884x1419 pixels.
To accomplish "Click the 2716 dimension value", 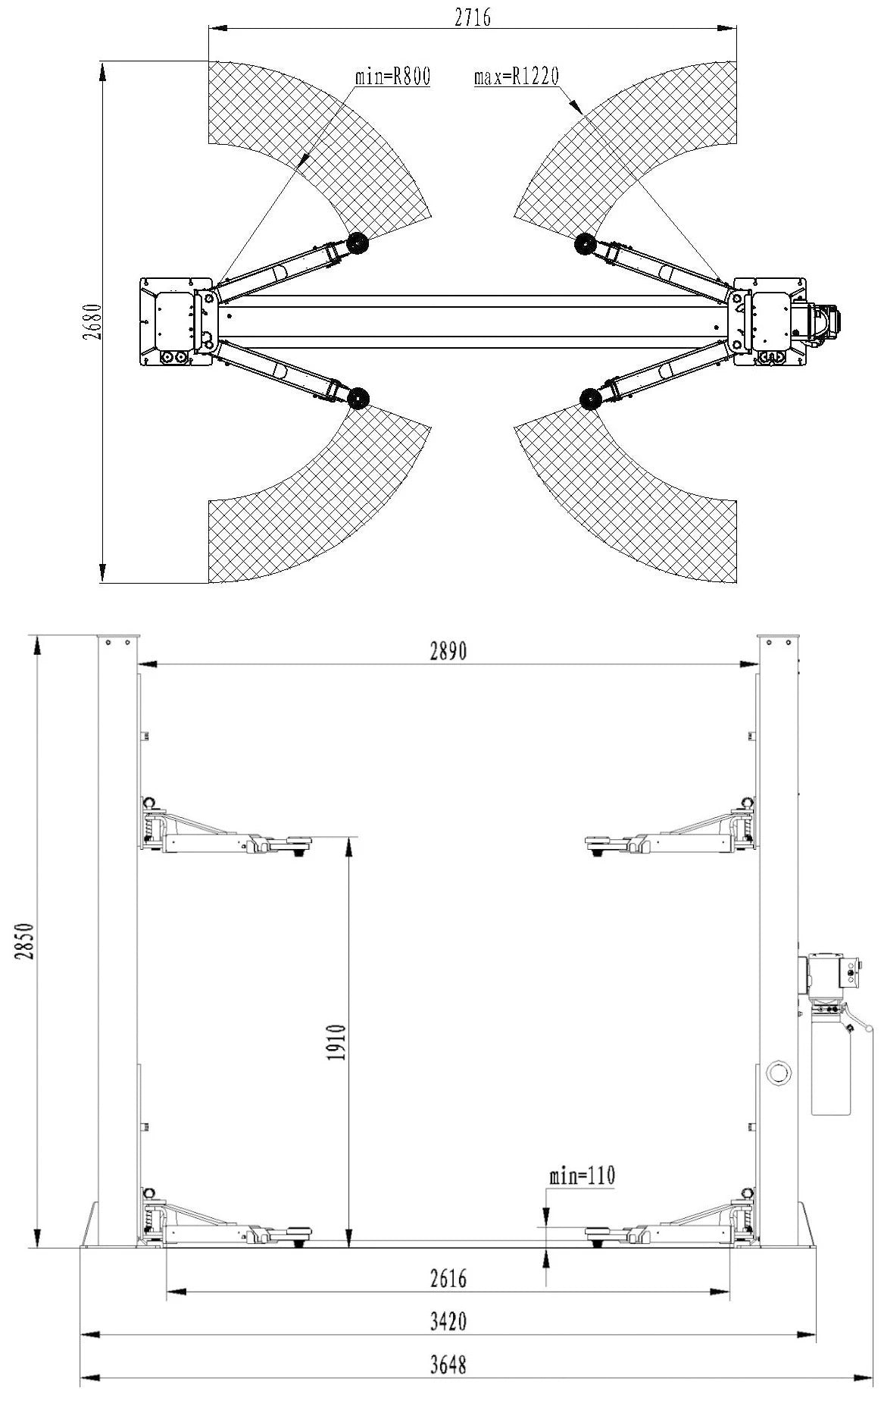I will (472, 17).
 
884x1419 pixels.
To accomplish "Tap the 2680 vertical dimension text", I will (92, 321).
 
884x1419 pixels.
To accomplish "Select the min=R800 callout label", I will (392, 77).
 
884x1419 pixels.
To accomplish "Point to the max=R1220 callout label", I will (516, 77).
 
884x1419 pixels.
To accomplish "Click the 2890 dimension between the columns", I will (448, 651).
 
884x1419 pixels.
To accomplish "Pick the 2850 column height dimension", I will (24, 941).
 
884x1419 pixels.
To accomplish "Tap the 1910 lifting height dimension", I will (337, 1042).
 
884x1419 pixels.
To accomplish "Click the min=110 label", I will (582, 1176).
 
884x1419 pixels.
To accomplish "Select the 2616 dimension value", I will (448, 1279).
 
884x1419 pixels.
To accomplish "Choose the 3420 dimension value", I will (448, 1322).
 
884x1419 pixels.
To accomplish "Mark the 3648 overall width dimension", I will (448, 1365).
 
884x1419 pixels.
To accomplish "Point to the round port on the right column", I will (778, 1071).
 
